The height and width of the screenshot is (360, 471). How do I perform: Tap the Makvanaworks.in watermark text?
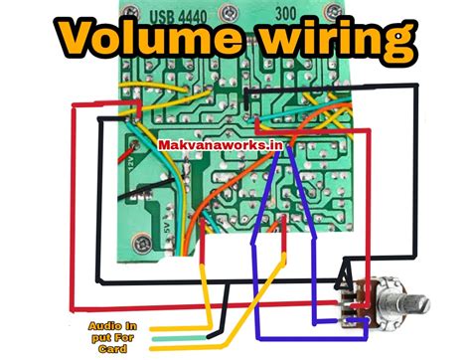pos(220,145)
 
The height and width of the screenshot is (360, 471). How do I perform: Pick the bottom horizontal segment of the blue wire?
pos(288,326)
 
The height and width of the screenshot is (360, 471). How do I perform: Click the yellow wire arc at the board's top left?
pos(149,90)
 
